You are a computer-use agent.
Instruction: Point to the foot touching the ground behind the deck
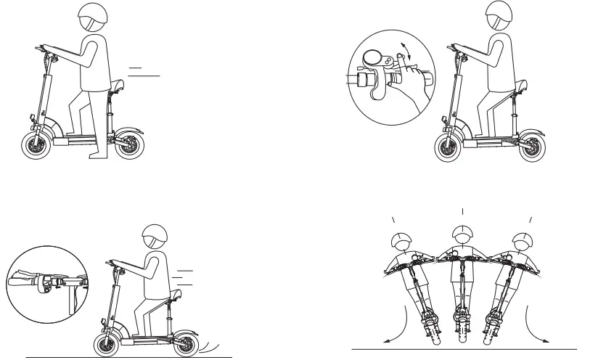pos(96,154)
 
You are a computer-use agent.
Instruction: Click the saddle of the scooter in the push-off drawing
pos(118,89)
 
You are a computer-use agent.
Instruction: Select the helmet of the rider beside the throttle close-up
pos(499,15)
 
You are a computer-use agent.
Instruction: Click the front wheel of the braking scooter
pos(106,342)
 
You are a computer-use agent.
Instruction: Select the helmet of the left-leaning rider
pos(401,242)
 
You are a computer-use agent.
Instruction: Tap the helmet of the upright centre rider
pos(461,234)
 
